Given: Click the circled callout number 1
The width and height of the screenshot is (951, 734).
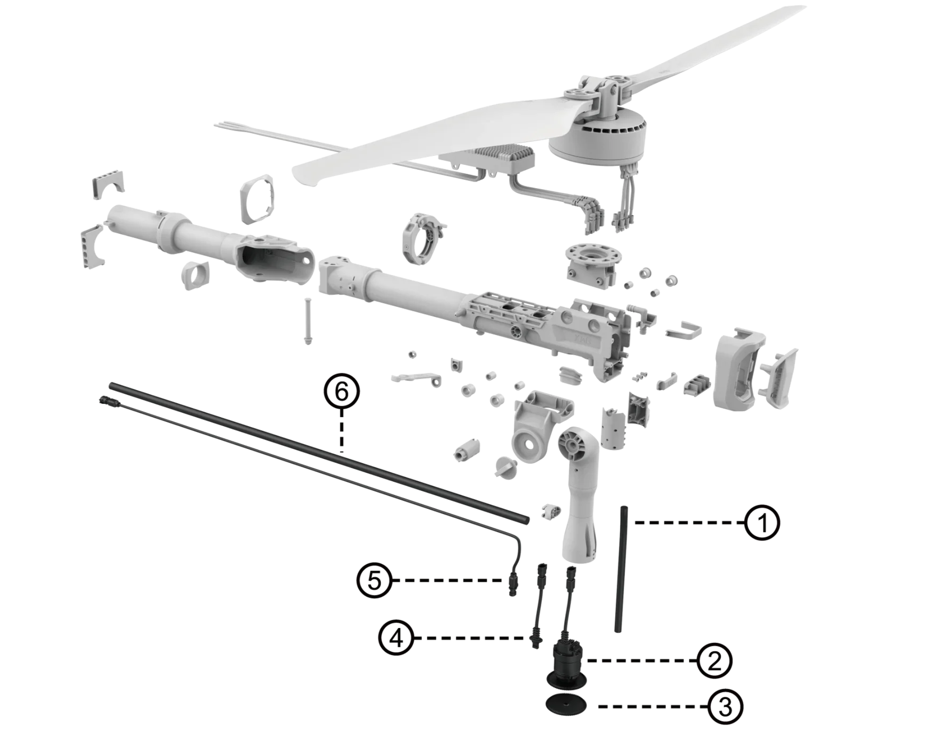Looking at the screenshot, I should click(x=762, y=523).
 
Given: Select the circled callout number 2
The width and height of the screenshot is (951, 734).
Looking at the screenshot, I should click(x=714, y=661).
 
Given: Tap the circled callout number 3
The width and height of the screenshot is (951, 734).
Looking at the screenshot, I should click(x=725, y=707).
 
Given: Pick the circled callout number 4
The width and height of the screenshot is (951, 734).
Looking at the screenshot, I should click(x=396, y=638).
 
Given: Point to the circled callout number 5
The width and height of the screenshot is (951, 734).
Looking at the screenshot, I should click(x=374, y=580).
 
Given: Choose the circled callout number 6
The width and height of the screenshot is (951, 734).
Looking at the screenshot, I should click(x=342, y=391).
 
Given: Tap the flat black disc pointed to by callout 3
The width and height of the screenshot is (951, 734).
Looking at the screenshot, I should click(x=566, y=704).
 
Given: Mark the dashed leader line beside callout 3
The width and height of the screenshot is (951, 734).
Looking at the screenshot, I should click(x=651, y=706).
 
